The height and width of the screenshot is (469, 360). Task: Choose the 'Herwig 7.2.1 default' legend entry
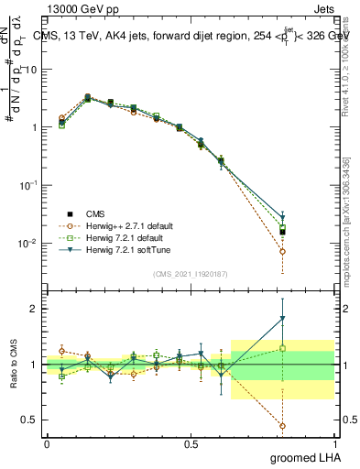click(120, 236)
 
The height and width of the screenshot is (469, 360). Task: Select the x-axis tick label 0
click(47, 443)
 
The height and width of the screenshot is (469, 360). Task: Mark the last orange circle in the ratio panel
click(283, 426)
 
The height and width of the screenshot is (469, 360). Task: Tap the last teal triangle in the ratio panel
click(283, 319)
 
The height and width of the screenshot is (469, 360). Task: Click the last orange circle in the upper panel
click(283, 251)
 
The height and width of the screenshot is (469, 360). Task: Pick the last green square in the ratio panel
click(283, 348)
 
